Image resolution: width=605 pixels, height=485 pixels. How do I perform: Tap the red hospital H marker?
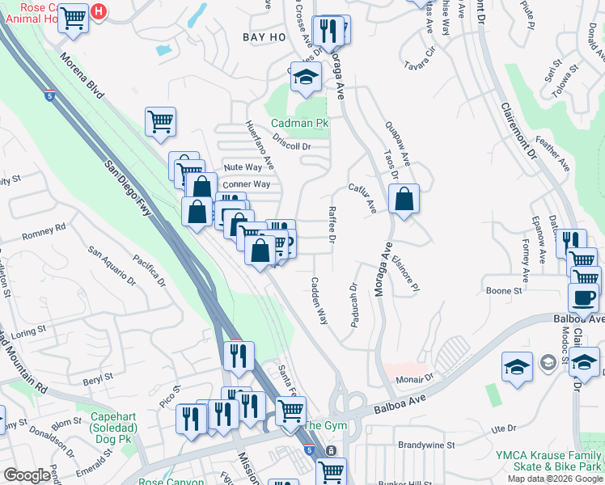pyautogui.click(x=99, y=11)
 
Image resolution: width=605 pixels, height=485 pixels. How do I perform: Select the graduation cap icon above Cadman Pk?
pyautogui.click(x=306, y=78)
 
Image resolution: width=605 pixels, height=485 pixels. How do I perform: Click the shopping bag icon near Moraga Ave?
pyautogui.click(x=403, y=199)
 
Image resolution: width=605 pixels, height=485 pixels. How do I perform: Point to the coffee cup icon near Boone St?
pyautogui.click(x=583, y=297)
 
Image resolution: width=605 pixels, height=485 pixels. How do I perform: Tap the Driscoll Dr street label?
pyautogui.click(x=291, y=146)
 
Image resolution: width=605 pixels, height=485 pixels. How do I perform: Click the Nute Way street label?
pyautogui.click(x=243, y=167)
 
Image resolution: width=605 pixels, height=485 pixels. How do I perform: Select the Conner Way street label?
pyautogui.click(x=246, y=184)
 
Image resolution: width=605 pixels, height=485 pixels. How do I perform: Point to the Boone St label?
pyautogui.click(x=505, y=290)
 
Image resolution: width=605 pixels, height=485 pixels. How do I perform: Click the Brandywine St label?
pyautogui.click(x=427, y=445)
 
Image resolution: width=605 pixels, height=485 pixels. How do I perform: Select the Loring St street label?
pyautogui.click(x=28, y=332)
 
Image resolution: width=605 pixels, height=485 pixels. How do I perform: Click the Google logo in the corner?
pyautogui.click(x=27, y=475)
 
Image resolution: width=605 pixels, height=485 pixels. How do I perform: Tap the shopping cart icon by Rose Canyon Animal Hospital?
pyautogui.click(x=74, y=19)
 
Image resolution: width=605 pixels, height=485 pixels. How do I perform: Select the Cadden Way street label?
pyautogui.click(x=319, y=301)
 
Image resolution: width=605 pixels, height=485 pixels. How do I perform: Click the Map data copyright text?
pyautogui.click(x=555, y=479)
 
